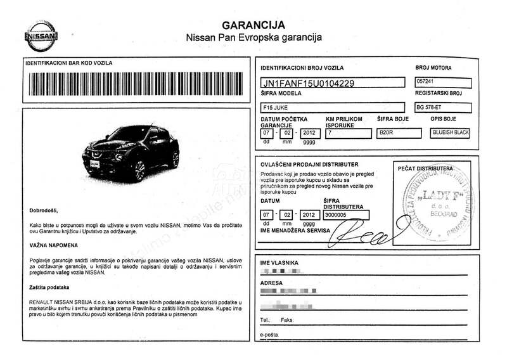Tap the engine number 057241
pyautogui.click(x=427, y=82)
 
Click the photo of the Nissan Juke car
pyautogui.click(x=131, y=153)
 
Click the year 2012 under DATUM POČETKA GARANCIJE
pyautogui.click(x=309, y=133)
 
